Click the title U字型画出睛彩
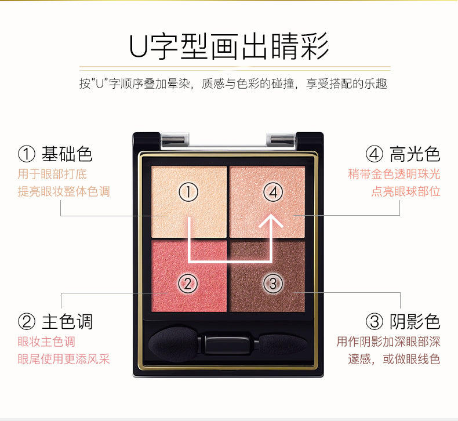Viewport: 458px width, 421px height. point(229,47)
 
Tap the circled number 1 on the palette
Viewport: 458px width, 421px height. point(188,192)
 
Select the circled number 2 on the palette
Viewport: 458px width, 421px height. point(188,284)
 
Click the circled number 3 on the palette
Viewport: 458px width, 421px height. point(273,284)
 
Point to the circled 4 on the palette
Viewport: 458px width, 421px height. point(273,192)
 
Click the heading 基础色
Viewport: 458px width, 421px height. point(67,154)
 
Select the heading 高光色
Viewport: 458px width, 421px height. point(415,154)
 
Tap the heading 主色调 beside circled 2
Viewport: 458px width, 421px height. point(67,322)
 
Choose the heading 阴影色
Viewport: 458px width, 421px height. point(415,322)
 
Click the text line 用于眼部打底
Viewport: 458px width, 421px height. point(52,174)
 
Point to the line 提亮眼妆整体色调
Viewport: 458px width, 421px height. point(64,192)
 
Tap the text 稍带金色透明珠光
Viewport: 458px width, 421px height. point(394,174)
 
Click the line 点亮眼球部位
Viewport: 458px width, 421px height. point(406,192)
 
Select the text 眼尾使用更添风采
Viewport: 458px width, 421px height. point(64,359)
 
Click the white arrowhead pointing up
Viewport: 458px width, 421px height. point(271,220)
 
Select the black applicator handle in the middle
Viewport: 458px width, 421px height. point(228,344)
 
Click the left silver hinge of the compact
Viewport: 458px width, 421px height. point(175,138)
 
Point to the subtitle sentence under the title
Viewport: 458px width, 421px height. point(233,84)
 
